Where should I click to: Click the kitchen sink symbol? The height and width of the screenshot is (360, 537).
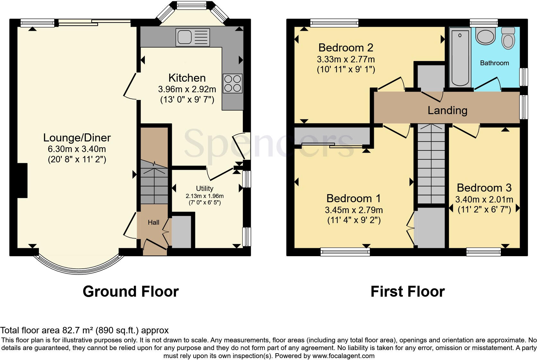[x=192, y=37]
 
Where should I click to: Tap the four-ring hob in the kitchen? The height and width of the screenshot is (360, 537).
[x=233, y=83]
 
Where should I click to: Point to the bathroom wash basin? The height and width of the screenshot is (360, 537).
[x=485, y=36]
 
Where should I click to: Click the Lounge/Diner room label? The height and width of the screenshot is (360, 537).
[x=77, y=138]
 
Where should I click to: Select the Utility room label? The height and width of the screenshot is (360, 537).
[x=205, y=188]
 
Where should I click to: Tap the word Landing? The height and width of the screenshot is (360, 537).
[x=447, y=110]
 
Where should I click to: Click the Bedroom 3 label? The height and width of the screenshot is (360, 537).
[x=484, y=187]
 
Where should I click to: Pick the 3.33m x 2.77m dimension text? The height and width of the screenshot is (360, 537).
[x=346, y=59]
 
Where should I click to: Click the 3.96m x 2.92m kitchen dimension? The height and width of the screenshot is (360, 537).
[x=187, y=89]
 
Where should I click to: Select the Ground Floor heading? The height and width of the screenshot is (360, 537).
[x=130, y=292]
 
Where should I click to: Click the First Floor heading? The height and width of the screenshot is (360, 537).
[x=407, y=292]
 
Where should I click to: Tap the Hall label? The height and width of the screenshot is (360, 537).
[x=154, y=222]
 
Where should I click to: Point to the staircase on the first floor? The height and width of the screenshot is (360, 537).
[x=431, y=164]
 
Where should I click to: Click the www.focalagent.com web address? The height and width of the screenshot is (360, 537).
[x=343, y=356]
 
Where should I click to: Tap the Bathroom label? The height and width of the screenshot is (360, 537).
[x=494, y=63]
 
